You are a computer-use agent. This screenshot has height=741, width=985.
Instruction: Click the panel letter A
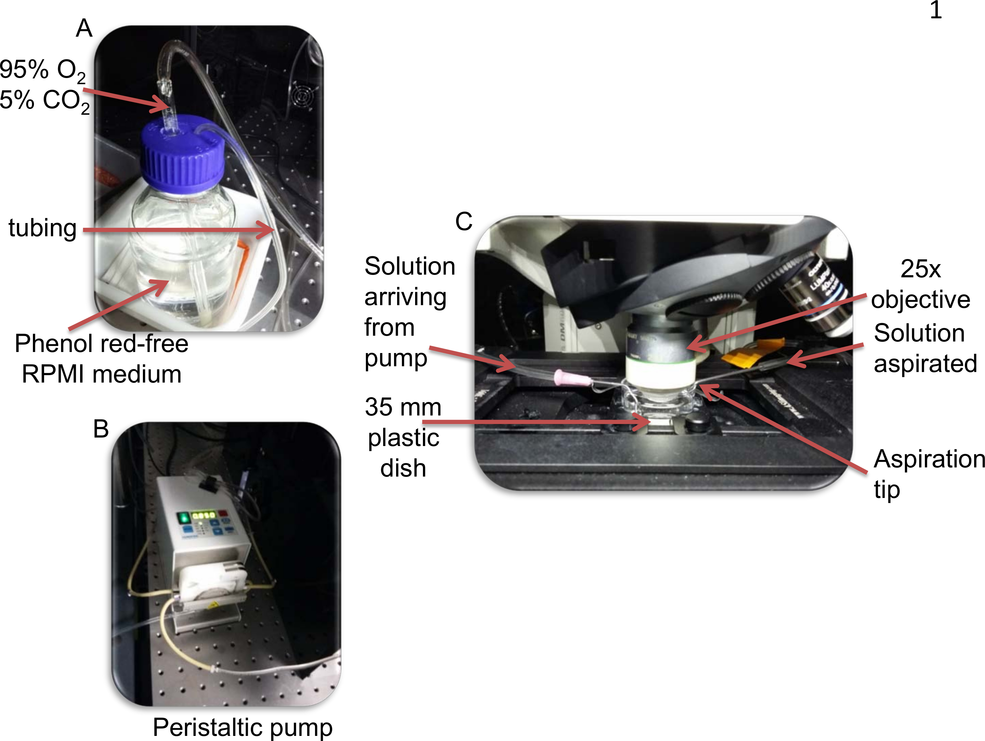coord(84,29)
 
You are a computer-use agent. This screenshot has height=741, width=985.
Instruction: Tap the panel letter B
coord(101,429)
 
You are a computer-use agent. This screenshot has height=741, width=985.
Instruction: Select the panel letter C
coord(464,221)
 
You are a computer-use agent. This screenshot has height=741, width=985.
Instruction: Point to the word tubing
coord(43,228)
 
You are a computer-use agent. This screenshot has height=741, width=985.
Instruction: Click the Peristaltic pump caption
coord(243,727)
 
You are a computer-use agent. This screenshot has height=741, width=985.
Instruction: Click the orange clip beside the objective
coord(752,352)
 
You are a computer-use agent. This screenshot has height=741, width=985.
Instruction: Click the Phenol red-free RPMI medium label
coord(101,358)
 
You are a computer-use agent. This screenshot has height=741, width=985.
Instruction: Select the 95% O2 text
coord(42,70)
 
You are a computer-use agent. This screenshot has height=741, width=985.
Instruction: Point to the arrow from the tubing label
coord(178,230)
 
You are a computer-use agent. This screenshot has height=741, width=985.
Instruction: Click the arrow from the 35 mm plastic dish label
coord(534,421)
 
